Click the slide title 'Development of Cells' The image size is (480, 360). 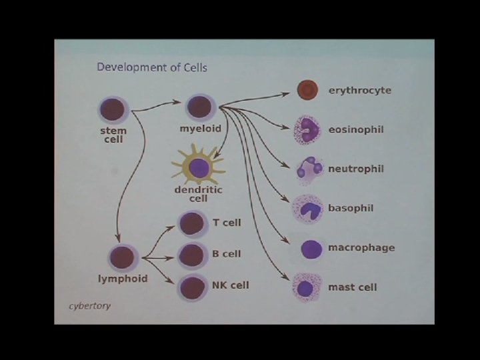click(x=152, y=67)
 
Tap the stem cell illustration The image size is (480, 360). click(x=113, y=109)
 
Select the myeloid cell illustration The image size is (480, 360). click(x=199, y=107)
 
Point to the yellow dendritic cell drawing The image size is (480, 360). click(x=199, y=167)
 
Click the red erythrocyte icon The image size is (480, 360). click(x=307, y=90)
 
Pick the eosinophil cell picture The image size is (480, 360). click(x=307, y=129)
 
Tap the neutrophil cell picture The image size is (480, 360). click(x=309, y=169)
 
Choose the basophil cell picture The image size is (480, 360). click(x=308, y=209)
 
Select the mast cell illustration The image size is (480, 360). click(x=307, y=288)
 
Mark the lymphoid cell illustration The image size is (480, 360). click(x=123, y=258)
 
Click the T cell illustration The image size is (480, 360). click(x=192, y=223)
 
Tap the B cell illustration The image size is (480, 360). click(x=192, y=255)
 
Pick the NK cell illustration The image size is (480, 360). click(x=192, y=287)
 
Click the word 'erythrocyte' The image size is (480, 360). click(x=359, y=90)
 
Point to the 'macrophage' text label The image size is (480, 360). click(x=361, y=248)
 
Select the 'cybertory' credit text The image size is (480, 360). click(x=90, y=306)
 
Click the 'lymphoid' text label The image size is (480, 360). click(x=123, y=279)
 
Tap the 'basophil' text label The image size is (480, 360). click(x=351, y=208)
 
